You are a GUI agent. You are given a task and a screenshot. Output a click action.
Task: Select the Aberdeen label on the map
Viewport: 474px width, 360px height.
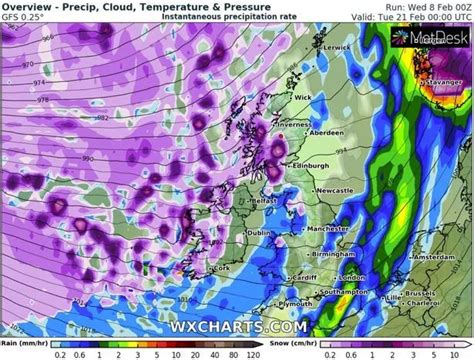(331, 131)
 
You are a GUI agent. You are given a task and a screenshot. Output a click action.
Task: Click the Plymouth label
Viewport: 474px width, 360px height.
(272, 303)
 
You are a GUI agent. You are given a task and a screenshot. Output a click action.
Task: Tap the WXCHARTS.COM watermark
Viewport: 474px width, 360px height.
(237, 326)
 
